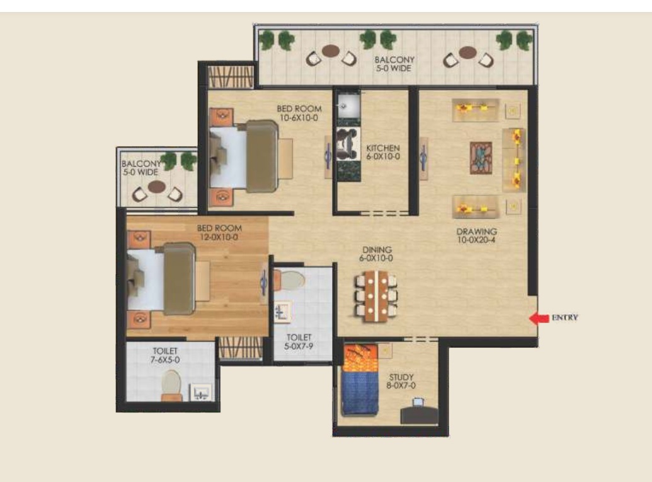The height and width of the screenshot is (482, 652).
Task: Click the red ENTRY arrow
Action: [539, 318]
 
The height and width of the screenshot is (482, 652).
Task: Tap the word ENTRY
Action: [564, 317]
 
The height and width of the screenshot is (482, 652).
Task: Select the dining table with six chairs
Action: [376, 296]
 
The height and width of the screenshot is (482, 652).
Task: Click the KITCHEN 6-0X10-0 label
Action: [383, 152]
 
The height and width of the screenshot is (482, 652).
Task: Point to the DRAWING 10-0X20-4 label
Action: [476, 235]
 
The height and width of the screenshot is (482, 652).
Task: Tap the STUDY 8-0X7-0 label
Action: [401, 381]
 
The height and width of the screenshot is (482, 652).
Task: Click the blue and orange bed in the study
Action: [360, 380]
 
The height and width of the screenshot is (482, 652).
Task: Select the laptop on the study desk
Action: [418, 403]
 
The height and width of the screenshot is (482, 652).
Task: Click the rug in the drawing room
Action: [481, 158]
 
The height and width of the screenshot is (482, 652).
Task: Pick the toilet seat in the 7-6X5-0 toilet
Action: [171, 385]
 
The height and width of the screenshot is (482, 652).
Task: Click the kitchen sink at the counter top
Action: [345, 106]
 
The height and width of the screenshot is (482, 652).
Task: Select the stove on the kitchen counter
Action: [348, 144]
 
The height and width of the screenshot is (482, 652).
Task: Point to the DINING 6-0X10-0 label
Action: [376, 254]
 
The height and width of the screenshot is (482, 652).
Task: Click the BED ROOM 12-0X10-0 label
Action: [219, 232]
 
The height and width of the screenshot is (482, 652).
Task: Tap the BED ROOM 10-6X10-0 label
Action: [299, 113]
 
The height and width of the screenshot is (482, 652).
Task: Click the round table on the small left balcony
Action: [157, 186]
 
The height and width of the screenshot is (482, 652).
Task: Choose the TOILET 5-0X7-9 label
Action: [299, 341]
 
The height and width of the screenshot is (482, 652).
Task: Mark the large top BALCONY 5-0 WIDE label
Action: [394, 64]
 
